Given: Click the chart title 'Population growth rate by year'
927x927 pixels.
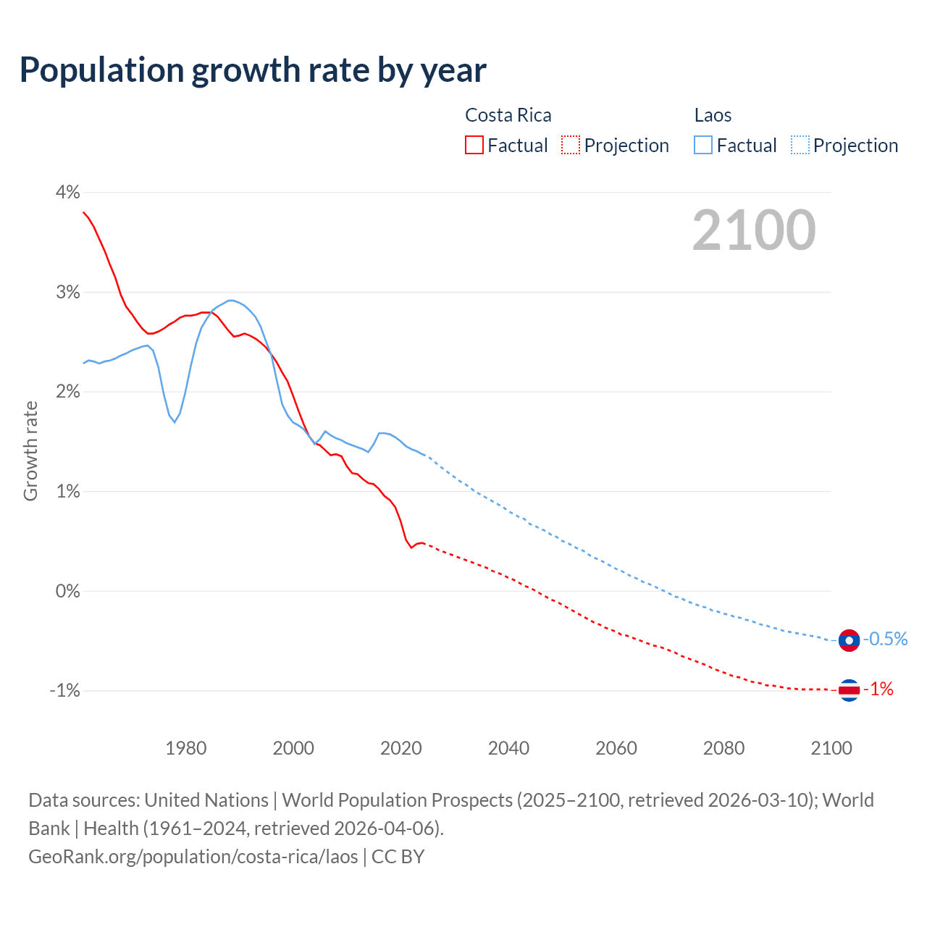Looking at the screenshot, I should pos(253,70).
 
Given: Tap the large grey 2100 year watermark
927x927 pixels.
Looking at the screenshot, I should pos(754,230).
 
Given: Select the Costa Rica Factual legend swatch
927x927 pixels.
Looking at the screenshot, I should pos(474,145).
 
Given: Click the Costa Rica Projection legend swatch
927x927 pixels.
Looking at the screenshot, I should pos(571,145).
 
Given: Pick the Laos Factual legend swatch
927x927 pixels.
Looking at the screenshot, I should pos(703,145).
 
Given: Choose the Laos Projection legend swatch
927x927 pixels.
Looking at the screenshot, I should pos(800,145).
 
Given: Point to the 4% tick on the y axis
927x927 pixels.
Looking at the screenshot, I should pos(67,192).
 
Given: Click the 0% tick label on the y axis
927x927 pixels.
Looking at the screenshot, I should pos(67,591).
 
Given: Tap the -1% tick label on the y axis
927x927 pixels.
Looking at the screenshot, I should pos(64,690).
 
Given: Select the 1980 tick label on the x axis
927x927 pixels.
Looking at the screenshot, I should pos(186,748).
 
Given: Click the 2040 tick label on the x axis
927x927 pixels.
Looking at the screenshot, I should pos(508,748).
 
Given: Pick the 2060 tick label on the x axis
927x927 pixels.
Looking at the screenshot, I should pos(616,748).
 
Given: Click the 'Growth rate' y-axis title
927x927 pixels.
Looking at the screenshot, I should pos(30,450).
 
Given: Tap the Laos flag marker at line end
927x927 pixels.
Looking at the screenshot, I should pos(849,640).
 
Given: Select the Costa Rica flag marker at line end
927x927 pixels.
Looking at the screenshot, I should pos(849,690).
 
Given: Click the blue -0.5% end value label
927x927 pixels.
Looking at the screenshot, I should pos(885,639).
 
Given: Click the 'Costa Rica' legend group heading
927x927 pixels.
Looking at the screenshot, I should pos(508,115).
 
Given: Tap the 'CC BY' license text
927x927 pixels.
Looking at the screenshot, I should pos(398,856).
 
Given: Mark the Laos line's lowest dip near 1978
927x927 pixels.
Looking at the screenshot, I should pos(175,422).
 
